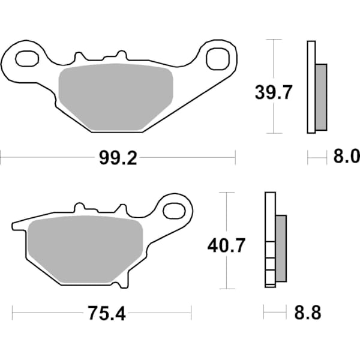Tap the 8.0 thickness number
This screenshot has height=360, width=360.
pyautogui.click(x=345, y=158)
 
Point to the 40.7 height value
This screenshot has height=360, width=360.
pyautogui.click(x=226, y=246)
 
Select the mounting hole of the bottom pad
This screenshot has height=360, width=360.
pyautogui.click(x=175, y=211)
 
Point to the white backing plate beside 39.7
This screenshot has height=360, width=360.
pyautogui.click(x=311, y=87)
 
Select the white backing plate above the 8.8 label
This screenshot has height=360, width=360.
pyautogui.click(x=269, y=240)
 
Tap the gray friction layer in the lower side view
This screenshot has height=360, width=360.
pyautogui.click(x=281, y=249)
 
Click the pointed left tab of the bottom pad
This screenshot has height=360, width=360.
pyautogui.click(x=14, y=226)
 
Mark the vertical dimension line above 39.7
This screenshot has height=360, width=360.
pyautogui.click(x=274, y=60)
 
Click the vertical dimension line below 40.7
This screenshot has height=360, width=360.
pyautogui.click(x=226, y=273)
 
